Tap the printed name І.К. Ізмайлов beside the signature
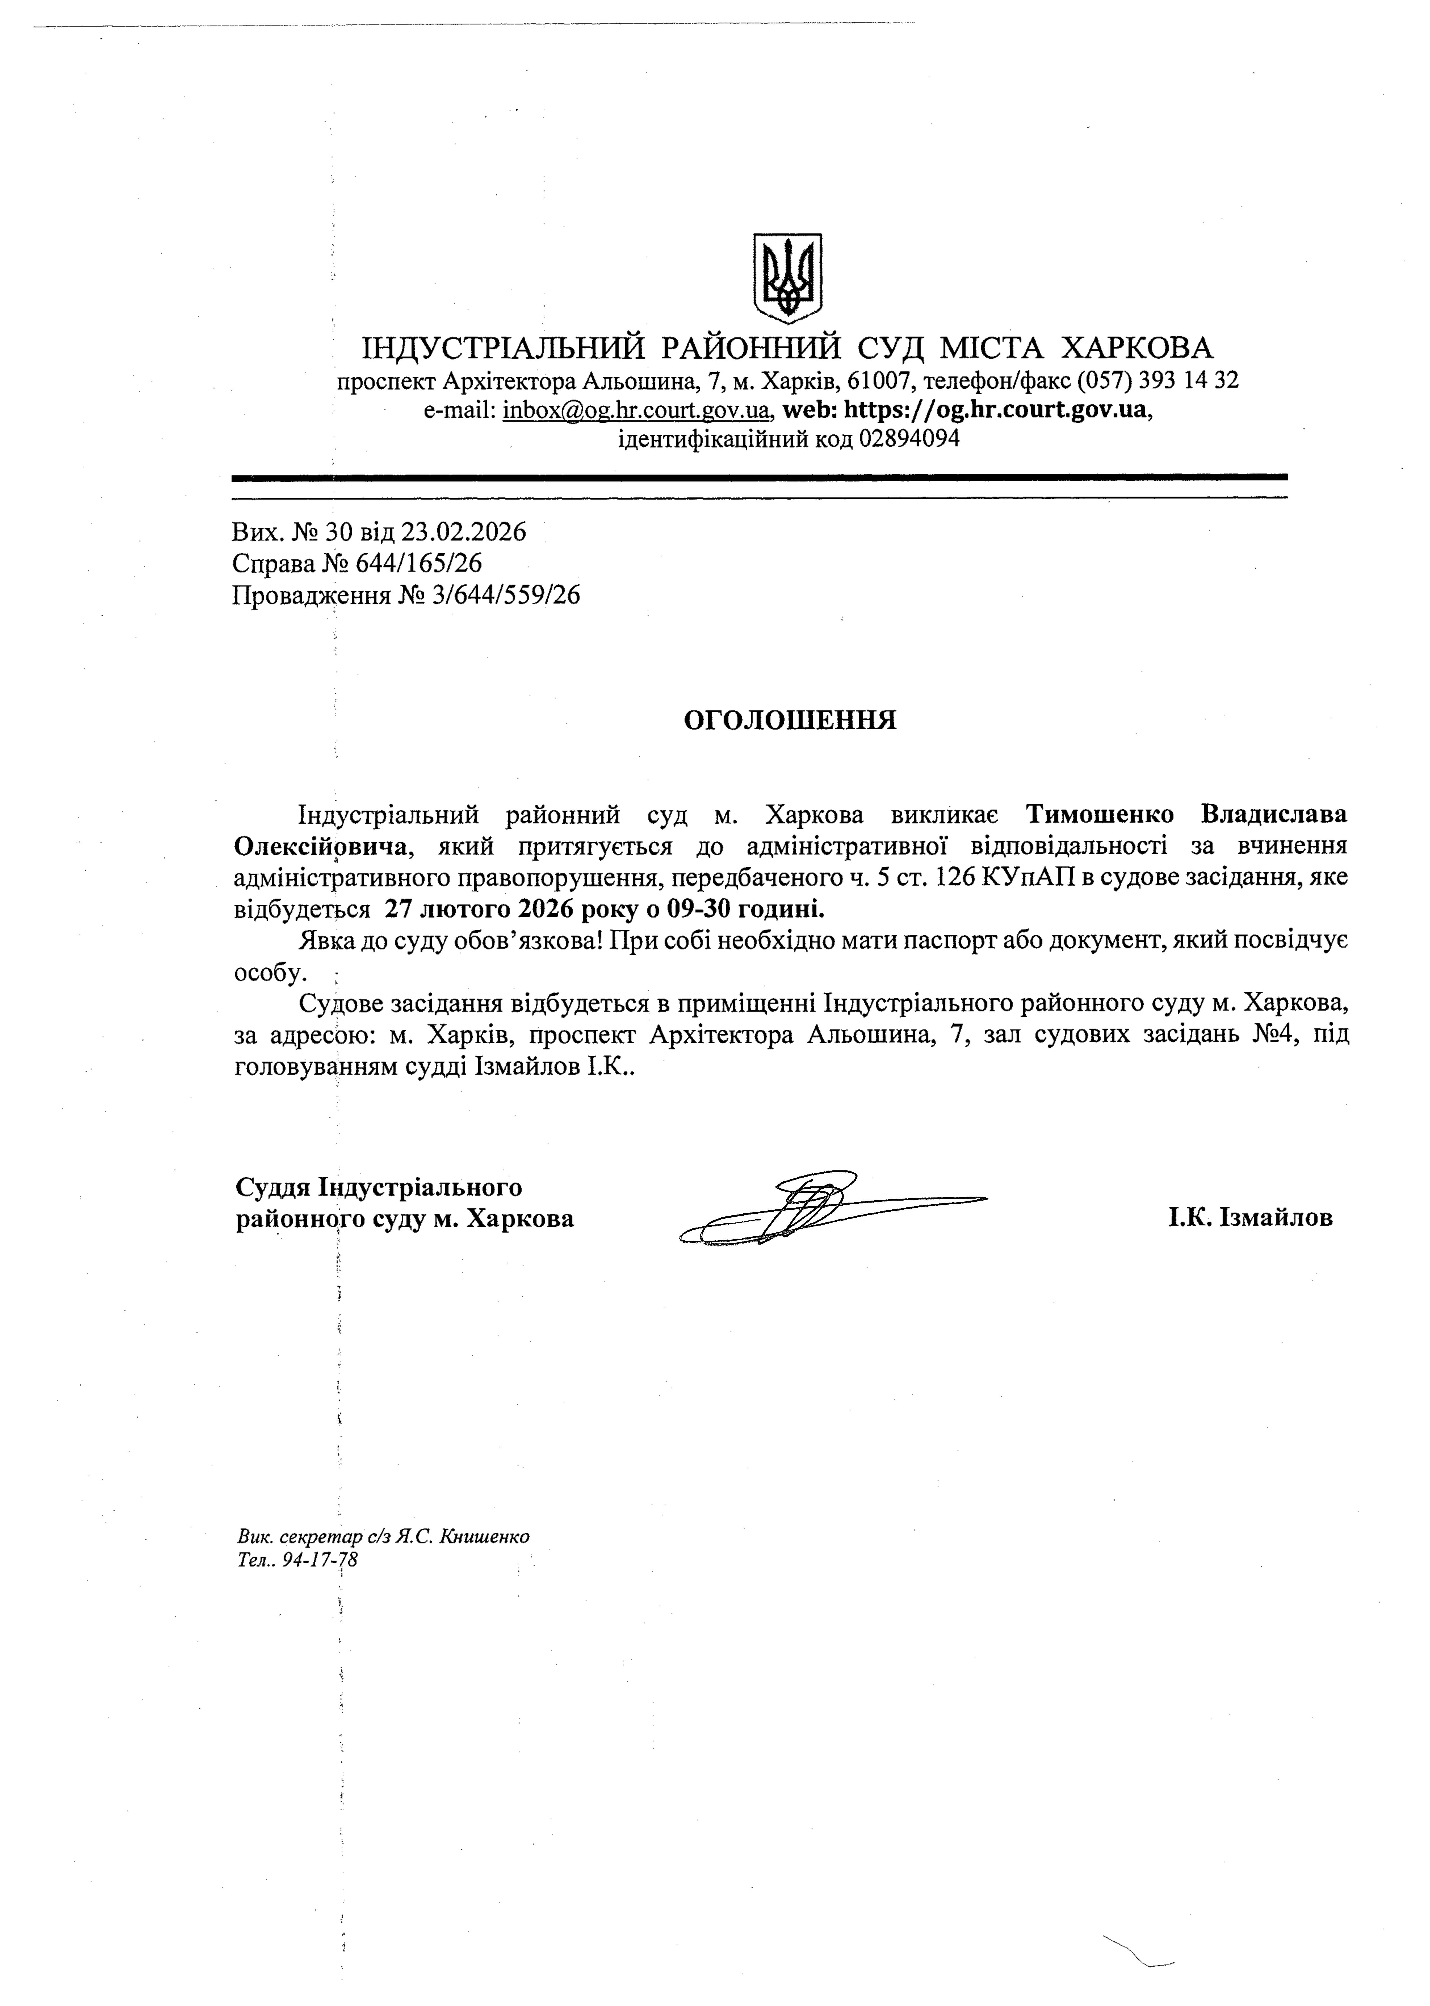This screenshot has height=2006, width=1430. [x=1250, y=1219]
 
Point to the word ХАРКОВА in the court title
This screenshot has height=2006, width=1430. [x=1137, y=349]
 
